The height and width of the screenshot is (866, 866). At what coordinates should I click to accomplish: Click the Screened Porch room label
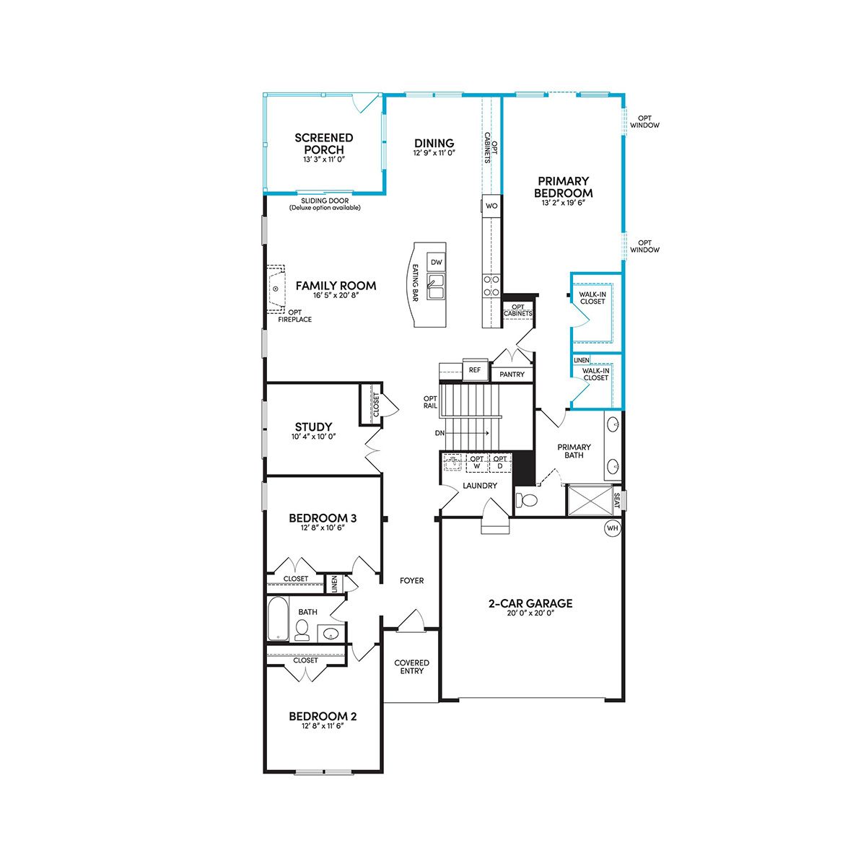[323, 144]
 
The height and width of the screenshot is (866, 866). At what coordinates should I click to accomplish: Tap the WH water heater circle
[612, 528]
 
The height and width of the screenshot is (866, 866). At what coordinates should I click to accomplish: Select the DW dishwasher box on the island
[437, 263]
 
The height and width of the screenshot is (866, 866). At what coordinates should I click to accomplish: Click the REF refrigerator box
[475, 369]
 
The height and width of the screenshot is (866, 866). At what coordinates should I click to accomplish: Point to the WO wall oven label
[491, 206]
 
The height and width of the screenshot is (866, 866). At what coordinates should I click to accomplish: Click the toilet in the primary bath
[527, 499]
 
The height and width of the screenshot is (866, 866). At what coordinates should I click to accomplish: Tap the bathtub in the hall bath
[279, 618]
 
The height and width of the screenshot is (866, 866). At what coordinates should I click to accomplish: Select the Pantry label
[512, 374]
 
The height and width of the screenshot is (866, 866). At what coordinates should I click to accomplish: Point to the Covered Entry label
[411, 667]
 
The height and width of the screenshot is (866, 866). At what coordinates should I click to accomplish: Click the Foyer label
[411, 581]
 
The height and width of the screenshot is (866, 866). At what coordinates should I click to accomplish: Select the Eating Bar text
[415, 282]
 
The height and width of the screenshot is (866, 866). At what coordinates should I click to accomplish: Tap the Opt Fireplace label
[295, 316]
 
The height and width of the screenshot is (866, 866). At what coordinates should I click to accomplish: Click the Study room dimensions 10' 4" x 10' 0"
[314, 436]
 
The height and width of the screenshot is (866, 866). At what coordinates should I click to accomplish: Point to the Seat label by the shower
[616, 501]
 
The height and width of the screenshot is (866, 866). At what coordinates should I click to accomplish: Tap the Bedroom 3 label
[323, 518]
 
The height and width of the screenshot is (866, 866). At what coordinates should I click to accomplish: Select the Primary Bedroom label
[564, 187]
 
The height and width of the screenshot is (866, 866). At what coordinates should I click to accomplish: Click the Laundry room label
[480, 486]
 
